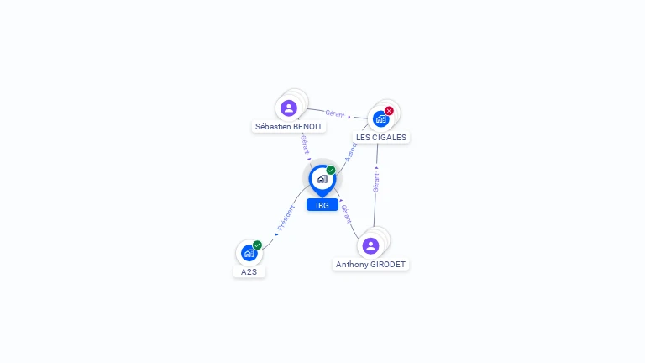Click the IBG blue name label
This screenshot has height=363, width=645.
coord(322,205)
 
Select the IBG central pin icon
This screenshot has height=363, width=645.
coord(322,179)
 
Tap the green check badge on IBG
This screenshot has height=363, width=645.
coord(331,170)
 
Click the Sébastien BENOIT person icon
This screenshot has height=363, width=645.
coord(289,108)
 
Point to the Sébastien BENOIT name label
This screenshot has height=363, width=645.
coord(289,127)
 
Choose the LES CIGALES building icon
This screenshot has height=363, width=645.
coord(380,118)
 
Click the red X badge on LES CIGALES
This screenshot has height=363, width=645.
coord(389,111)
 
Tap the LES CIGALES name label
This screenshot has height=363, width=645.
coord(381,137)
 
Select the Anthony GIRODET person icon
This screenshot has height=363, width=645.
coord(370,245)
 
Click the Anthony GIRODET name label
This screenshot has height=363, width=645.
coord(370,264)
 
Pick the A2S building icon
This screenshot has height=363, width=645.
coord(249,253)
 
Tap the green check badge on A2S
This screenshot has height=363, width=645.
coord(257,245)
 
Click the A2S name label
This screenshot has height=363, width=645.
coord(249,272)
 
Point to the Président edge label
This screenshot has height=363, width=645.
coord(286,218)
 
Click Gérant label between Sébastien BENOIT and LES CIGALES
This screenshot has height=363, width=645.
coord(335,113)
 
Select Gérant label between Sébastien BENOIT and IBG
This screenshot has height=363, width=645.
coord(304,142)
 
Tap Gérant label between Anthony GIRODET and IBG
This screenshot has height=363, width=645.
coord(346,213)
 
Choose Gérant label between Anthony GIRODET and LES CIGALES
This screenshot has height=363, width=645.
coord(376,181)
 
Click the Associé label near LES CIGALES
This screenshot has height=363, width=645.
coord(350,151)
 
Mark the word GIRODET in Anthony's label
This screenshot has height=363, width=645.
coord(386,264)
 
